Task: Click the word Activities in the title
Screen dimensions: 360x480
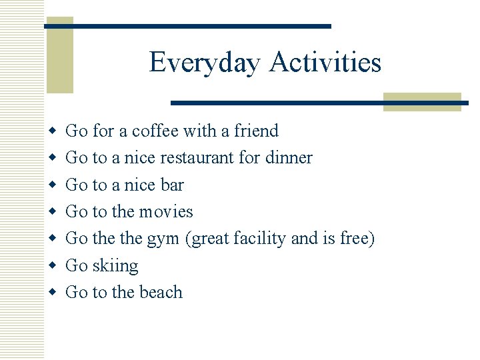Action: click(325, 63)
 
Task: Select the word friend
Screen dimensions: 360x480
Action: click(256, 131)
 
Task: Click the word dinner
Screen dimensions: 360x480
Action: click(288, 158)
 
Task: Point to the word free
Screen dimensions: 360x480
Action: click(354, 239)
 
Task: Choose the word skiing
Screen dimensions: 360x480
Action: click(115, 266)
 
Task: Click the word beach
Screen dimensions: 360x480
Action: click(159, 292)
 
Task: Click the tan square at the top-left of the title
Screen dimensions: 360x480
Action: click(59, 55)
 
